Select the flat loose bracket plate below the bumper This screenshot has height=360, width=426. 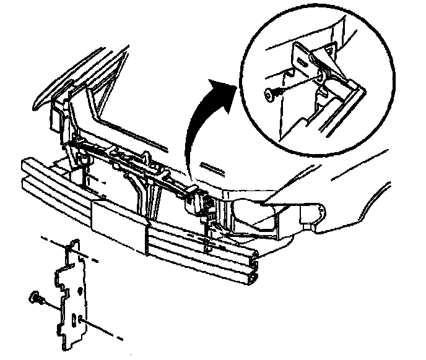pos(74,291)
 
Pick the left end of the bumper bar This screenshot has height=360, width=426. pos(28,170)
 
